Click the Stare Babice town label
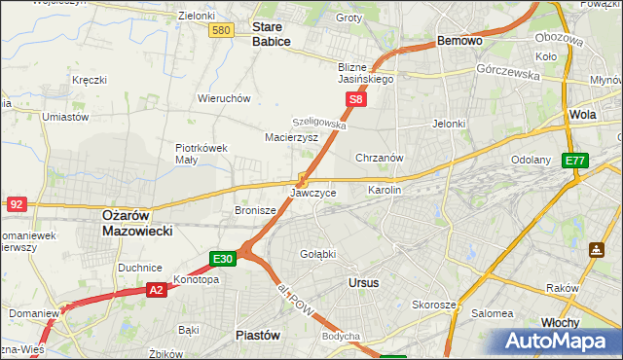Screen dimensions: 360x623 pyautogui.click(x=273, y=35)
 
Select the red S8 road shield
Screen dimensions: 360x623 pyautogui.click(x=357, y=99)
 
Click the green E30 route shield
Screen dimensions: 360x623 pyautogui.click(x=222, y=258)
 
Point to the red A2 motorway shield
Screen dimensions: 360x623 pyautogui.click(x=157, y=289)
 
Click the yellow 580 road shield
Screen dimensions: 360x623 pyautogui.click(x=221, y=31)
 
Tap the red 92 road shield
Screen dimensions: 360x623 pyautogui.click(x=17, y=203)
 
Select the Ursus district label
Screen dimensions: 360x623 pyautogui.click(x=363, y=282)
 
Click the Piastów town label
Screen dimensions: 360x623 pyautogui.click(x=258, y=334)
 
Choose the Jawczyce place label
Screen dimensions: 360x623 pyautogui.click(x=313, y=193)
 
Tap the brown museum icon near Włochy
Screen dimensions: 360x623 pyautogui.click(x=595, y=249)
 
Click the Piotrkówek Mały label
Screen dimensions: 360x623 pyautogui.click(x=202, y=154)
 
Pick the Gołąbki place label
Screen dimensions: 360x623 pyautogui.click(x=317, y=254)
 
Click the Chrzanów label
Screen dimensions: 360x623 pyautogui.click(x=380, y=158)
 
